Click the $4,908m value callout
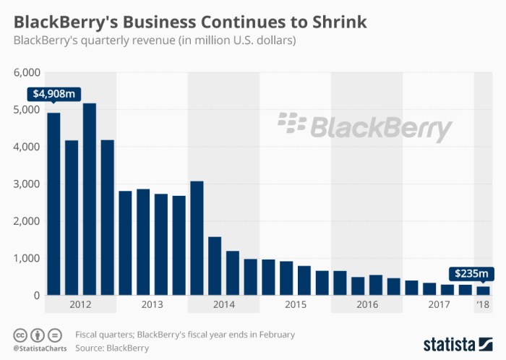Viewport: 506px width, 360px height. click(x=53, y=94)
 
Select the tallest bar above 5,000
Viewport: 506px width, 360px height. click(x=90, y=199)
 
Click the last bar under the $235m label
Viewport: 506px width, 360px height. click(x=482, y=291)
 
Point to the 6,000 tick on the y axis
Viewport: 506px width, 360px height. click(x=27, y=73)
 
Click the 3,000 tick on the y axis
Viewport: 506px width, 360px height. click(x=27, y=184)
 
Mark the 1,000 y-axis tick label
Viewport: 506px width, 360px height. click(x=27, y=258)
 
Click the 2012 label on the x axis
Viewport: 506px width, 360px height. click(x=80, y=305)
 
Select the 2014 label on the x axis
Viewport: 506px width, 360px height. click(x=224, y=305)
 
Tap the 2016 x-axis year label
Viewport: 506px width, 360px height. click(x=367, y=305)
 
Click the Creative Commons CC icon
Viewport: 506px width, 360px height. click(x=20, y=335)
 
